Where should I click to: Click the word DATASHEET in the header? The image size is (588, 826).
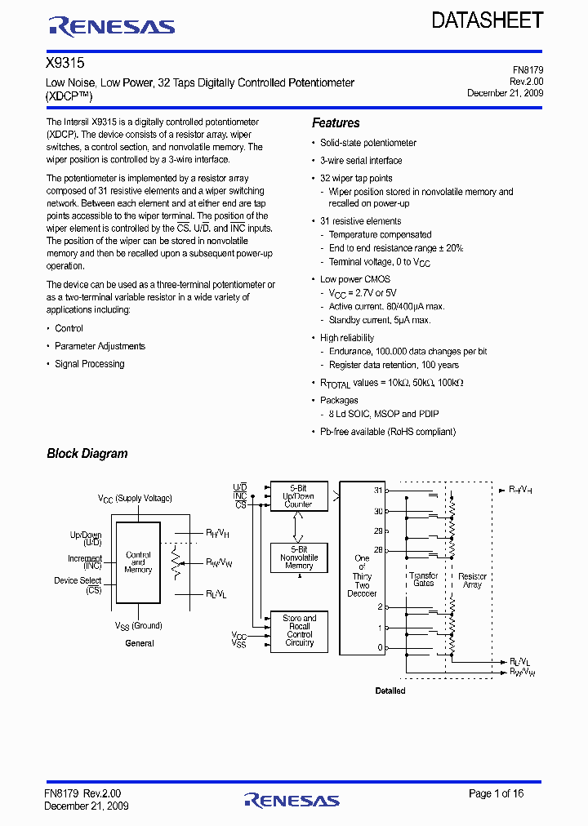(487, 21)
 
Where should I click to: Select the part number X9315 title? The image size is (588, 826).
(65, 63)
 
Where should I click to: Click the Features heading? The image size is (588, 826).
(336, 123)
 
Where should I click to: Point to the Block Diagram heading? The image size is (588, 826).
(87, 454)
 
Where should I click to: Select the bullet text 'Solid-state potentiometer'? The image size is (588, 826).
(367, 143)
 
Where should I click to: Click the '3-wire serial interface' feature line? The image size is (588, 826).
(361, 161)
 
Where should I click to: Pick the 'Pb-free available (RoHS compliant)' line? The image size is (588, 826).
(387, 432)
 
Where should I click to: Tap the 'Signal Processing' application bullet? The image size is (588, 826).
(89, 364)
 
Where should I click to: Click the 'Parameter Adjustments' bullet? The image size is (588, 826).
(100, 346)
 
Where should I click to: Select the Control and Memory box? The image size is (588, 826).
(138, 562)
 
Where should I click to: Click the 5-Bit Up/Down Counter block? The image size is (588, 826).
(298, 497)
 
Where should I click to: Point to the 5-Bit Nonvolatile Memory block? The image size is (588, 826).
(298, 557)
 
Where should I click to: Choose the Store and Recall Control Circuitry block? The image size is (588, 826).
(299, 631)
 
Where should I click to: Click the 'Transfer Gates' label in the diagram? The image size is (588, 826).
(424, 580)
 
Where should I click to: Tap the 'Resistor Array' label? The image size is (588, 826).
(472, 580)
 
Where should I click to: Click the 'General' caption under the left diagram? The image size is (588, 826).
(140, 643)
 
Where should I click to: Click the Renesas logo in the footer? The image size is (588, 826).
(292, 800)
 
